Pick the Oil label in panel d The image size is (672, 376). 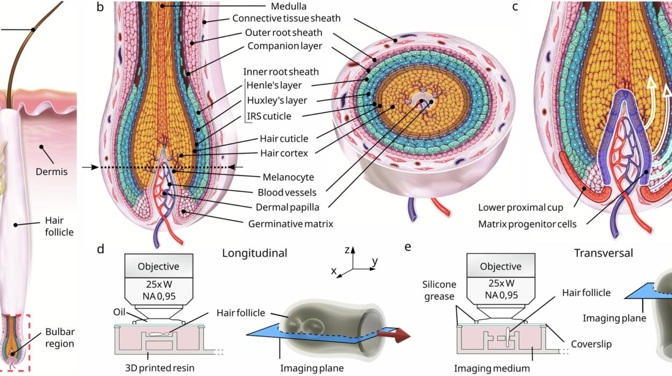click(120, 312)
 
